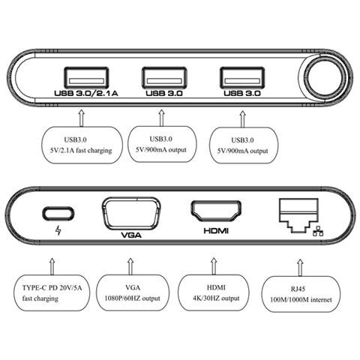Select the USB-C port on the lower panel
58,211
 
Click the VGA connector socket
129,210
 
